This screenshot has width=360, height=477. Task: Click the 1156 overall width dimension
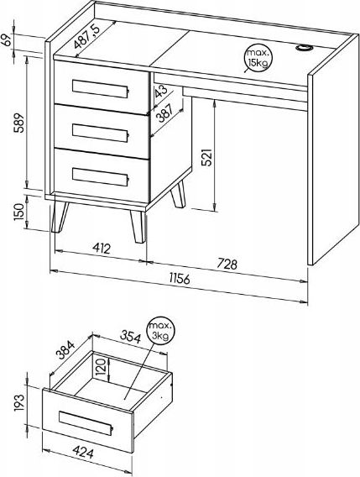[180, 278]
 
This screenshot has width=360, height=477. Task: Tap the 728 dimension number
[227, 264]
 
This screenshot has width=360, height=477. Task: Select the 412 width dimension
[102, 249]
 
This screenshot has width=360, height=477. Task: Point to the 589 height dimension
[18, 123]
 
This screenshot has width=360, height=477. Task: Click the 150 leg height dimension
[18, 212]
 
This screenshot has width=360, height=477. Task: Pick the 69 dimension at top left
[7, 40]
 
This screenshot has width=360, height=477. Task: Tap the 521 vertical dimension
[206, 157]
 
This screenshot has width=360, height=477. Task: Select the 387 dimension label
[164, 113]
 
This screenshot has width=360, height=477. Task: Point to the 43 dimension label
[160, 91]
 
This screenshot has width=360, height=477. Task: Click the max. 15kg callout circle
[258, 58]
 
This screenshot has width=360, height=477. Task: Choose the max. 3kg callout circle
[160, 331]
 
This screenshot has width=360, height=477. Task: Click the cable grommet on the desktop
[304, 48]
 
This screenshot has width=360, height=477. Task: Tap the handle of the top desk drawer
[101, 88]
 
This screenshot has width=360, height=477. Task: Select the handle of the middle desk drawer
[101, 133]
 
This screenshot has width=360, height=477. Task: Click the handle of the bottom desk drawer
[101, 176]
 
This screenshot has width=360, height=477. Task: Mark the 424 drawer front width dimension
[83, 453]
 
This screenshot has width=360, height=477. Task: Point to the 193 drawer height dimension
[18, 402]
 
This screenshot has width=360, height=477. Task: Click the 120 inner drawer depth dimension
[102, 366]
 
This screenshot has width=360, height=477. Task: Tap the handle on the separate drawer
[86, 423]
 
